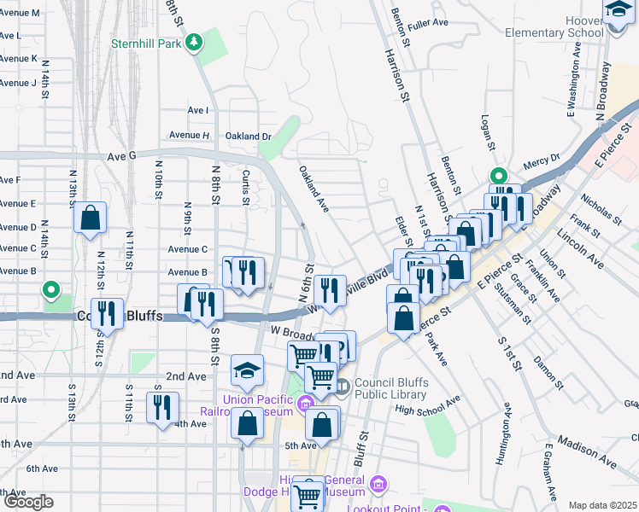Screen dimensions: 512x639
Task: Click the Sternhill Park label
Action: (149, 42)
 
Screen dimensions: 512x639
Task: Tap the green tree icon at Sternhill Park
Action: (195, 42)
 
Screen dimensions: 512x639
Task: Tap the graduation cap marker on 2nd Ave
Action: (247, 370)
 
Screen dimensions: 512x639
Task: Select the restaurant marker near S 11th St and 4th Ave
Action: (162, 407)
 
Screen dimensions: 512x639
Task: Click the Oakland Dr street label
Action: (248, 136)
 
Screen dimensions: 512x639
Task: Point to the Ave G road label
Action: (122, 156)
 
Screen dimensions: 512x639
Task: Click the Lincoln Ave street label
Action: (579, 247)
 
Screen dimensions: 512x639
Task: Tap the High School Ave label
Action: (427, 404)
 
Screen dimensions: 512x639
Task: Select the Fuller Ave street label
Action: (428, 22)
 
